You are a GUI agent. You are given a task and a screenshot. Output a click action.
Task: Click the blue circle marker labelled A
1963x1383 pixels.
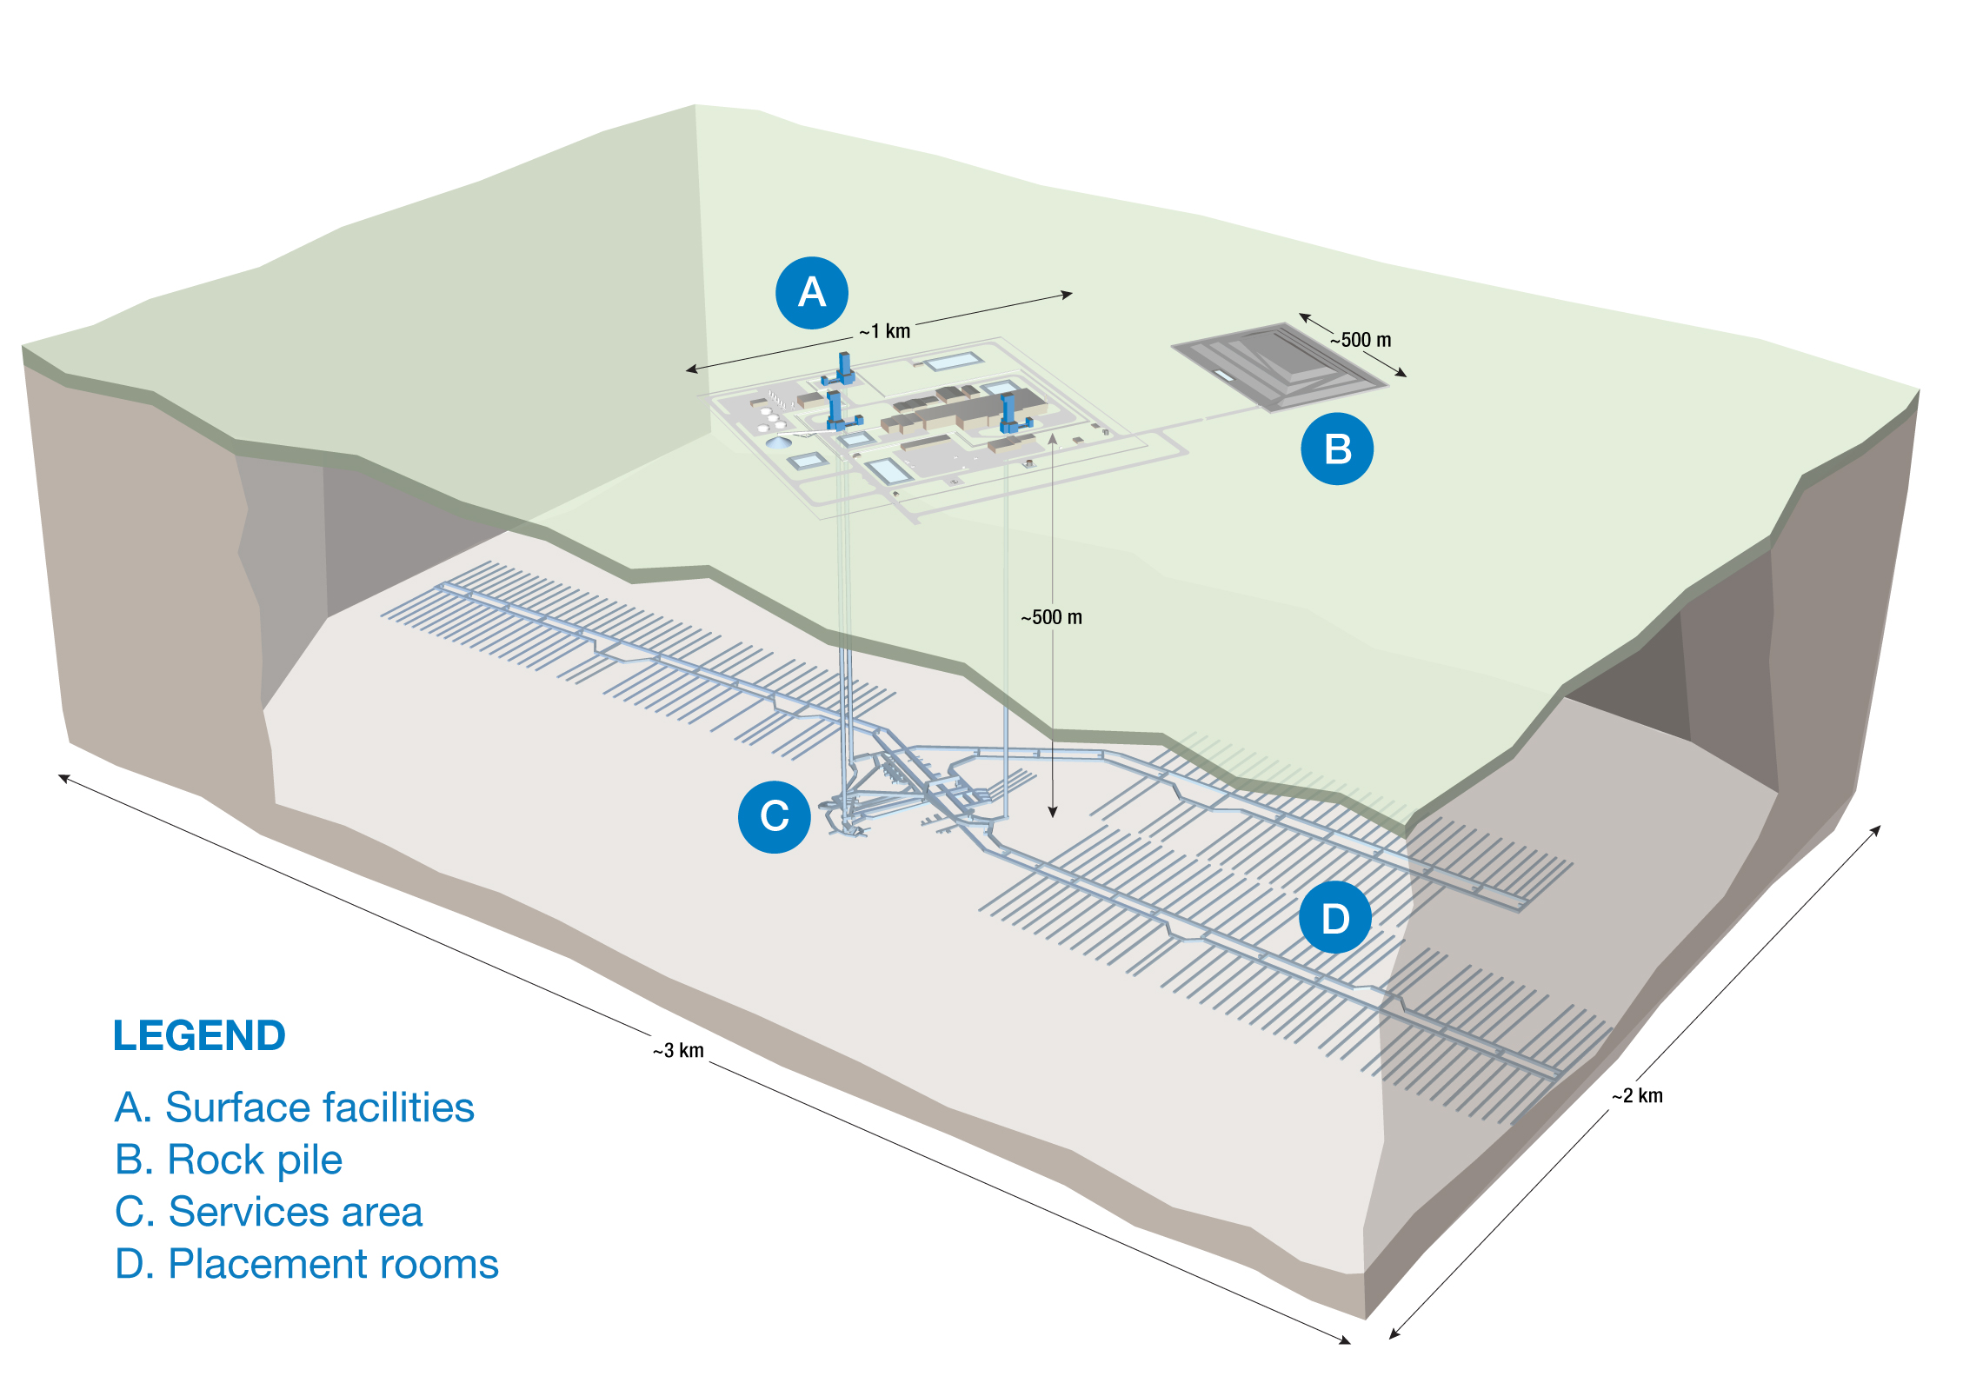811,293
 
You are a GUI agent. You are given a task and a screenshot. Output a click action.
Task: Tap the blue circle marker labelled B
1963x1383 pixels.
1337,449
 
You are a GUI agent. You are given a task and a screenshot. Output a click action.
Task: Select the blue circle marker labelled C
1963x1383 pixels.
774,816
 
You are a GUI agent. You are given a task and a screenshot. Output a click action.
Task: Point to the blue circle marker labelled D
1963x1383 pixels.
1335,918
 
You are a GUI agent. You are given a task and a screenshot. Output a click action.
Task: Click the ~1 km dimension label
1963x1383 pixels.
885,331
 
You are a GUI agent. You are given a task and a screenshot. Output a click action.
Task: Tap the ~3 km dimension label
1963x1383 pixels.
679,1051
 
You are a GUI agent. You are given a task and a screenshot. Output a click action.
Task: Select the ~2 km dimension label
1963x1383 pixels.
1638,1096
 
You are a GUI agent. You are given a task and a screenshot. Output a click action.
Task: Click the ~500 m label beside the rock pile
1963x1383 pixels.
1361,340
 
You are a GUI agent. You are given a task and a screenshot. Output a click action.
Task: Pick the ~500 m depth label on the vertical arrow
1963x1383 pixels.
1052,617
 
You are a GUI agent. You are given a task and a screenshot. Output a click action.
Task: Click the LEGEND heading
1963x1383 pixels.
199,1035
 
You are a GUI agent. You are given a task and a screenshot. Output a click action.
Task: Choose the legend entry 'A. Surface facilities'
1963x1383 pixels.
294,1107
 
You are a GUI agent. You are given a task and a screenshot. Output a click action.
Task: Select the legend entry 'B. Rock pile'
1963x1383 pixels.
229,1160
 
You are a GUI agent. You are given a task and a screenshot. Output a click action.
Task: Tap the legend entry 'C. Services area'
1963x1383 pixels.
269,1212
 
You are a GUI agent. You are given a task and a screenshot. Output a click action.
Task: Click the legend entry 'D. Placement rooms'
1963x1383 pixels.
307,1264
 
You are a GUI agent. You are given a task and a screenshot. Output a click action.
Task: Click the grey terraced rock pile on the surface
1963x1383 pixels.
1278,365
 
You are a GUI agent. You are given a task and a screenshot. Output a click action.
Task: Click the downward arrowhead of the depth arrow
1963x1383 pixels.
1053,813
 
